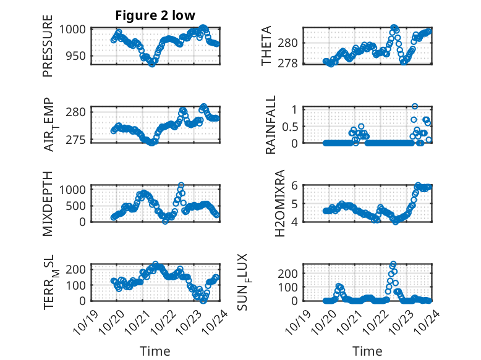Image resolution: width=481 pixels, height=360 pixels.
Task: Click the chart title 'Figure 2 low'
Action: click(x=156, y=16)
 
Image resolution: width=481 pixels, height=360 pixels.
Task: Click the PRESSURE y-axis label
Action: click(x=48, y=46)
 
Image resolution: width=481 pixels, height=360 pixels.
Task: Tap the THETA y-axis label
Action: click(x=266, y=46)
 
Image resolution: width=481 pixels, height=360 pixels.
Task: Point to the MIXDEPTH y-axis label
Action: click(x=48, y=203)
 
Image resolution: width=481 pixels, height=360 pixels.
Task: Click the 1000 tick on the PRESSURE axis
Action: click(x=78, y=29)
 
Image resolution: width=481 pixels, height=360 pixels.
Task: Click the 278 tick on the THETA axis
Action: click(x=290, y=63)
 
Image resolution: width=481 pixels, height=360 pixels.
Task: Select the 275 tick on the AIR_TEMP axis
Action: click(x=80, y=140)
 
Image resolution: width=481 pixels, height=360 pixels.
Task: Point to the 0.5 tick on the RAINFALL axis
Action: click(x=291, y=126)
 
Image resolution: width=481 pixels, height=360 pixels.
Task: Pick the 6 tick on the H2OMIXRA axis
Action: click(x=295, y=185)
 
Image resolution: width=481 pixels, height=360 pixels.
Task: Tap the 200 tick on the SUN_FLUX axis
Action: click(x=291, y=273)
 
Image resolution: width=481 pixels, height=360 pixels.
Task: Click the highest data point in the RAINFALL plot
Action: click(x=415, y=107)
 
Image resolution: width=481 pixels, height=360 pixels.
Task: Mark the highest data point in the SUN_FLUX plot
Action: click(x=393, y=264)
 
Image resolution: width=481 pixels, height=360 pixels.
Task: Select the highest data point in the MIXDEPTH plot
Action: click(x=181, y=185)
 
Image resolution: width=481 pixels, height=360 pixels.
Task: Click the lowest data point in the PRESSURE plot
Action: click(x=152, y=63)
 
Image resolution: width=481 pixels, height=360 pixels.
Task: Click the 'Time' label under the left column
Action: click(x=155, y=351)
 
